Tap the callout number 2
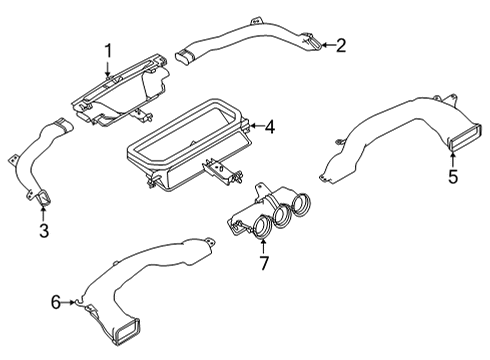tap(340, 45)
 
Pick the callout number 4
tap(269, 125)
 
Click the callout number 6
tap(57, 299)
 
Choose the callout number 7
tap(264, 263)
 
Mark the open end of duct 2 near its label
tap(314, 43)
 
